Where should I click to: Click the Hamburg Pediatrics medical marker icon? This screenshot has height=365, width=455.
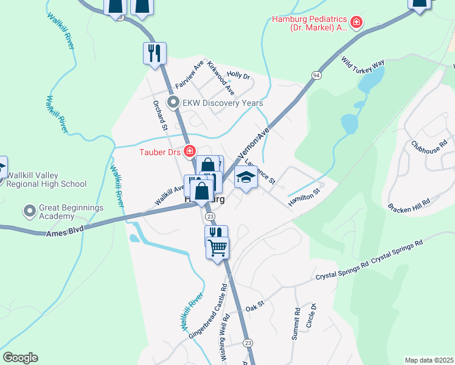point(356,24)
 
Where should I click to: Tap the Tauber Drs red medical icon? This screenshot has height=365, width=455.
point(190,151)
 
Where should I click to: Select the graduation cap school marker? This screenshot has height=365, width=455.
point(246,177)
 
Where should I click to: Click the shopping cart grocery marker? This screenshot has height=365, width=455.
point(217,247)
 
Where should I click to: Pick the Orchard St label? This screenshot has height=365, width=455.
point(160,116)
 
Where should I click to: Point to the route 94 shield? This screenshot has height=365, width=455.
point(316,75)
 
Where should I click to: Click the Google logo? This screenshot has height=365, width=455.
point(20,358)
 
